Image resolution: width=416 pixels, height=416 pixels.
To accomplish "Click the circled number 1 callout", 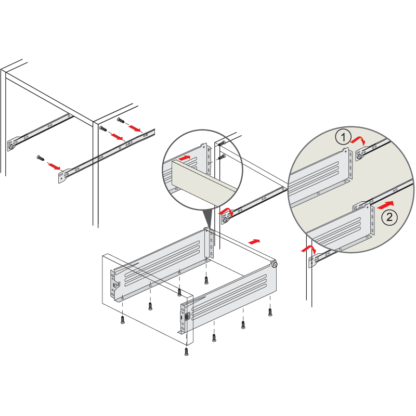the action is [x=343, y=137].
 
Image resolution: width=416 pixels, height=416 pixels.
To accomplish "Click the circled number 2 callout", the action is [x=389, y=217].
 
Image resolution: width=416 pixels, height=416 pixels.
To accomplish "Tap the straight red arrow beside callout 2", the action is [x=385, y=205].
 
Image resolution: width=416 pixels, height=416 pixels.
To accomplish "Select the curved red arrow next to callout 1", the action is [x=358, y=139].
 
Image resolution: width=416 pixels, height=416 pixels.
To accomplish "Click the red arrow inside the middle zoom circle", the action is [x=185, y=158].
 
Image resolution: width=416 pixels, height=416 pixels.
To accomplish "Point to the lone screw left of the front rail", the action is [x=41, y=158].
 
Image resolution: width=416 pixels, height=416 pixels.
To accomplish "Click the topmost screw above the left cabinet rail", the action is [x=121, y=121].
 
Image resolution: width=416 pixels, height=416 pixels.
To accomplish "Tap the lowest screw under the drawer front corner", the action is [x=187, y=352].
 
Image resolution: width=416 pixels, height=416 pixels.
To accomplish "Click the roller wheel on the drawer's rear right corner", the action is [x=274, y=264].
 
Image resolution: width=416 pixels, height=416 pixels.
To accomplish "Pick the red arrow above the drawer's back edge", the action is [x=254, y=241].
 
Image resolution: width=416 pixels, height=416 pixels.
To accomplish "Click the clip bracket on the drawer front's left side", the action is [x=115, y=285].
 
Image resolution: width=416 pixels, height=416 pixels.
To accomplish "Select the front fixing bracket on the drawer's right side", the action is [x=185, y=318].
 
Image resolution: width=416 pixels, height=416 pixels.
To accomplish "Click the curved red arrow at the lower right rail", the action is [x=308, y=250].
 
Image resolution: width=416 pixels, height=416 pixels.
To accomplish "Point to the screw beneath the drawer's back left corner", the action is [x=206, y=280].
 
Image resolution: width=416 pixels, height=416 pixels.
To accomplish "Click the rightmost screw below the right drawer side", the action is [x=270, y=313].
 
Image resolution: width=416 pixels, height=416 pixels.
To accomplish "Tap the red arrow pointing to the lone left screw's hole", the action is [x=54, y=166].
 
